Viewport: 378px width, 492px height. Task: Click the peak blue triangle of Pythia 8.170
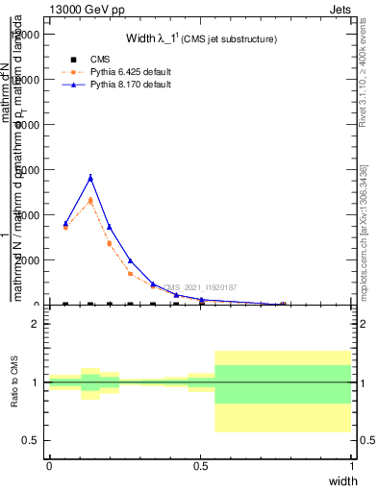(x=90, y=178)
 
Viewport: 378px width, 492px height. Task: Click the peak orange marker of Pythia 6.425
(x=90, y=201)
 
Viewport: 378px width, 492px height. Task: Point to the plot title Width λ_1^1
(x=201, y=39)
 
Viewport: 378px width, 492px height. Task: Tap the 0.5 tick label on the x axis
(x=200, y=466)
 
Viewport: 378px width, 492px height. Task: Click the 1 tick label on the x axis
(x=352, y=466)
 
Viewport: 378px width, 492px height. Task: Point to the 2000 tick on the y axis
(x=28, y=260)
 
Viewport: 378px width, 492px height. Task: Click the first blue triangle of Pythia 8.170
(x=65, y=224)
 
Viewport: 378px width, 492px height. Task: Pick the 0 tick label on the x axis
(x=49, y=466)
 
